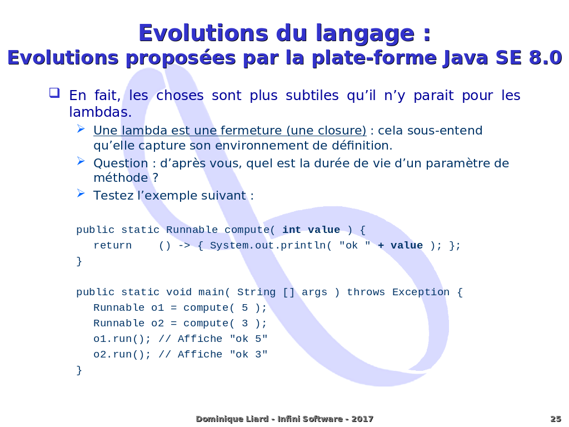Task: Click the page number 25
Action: point(555,419)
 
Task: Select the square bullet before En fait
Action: point(54,92)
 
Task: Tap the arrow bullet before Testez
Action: point(81,193)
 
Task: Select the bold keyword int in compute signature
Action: point(292,230)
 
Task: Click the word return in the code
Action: point(112,246)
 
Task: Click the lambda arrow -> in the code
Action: point(183,246)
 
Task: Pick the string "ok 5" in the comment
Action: point(248,339)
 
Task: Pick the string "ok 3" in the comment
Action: point(248,355)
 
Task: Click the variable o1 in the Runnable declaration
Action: point(158,308)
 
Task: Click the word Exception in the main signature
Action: point(421,292)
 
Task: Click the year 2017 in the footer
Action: point(362,419)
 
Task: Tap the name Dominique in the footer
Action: point(217,419)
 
